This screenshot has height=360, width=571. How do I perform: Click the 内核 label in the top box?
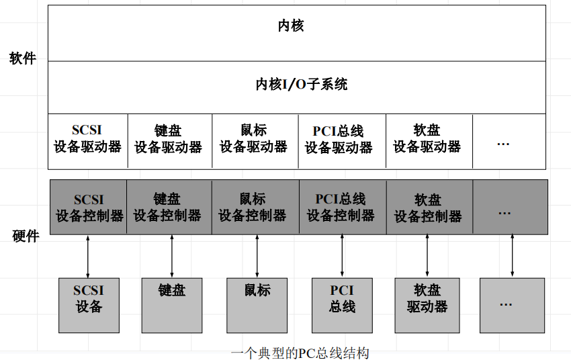tap(291, 26)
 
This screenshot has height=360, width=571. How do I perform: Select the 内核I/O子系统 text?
tap(302, 85)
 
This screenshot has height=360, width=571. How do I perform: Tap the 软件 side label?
tap(22, 58)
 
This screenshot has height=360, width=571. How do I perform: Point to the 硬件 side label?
tap(26, 236)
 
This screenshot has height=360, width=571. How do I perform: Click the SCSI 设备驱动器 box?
tap(87, 140)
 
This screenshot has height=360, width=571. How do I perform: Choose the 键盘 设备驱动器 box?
tap(168, 140)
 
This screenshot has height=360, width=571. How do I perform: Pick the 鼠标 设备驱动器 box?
tap(254, 140)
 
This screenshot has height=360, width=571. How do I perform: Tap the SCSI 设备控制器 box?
tap(89, 208)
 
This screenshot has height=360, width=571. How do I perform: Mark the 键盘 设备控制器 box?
tap(168, 208)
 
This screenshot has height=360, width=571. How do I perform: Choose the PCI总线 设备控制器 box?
tap(341, 208)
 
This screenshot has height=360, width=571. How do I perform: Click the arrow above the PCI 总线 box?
tap(342, 256)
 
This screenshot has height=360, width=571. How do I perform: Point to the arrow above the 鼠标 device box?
tap(257, 256)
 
